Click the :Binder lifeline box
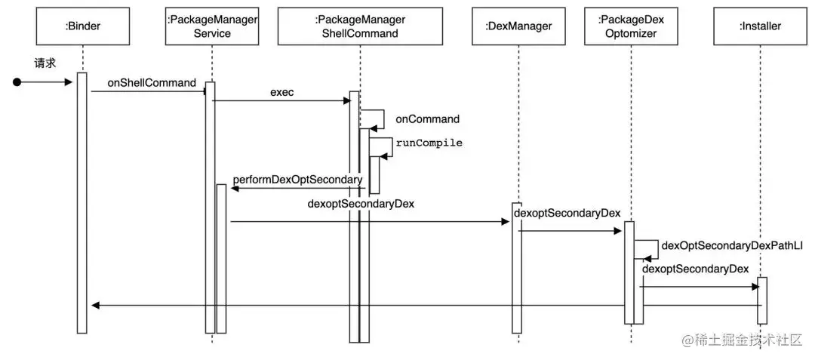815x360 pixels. pyautogui.click(x=83, y=26)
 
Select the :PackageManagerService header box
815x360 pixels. pyautogui.click(x=212, y=26)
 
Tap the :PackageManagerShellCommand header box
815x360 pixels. pyautogui.click(x=361, y=26)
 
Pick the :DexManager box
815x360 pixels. pyautogui.click(x=518, y=26)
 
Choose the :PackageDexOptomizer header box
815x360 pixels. pyautogui.click(x=631, y=26)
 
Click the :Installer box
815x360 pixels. pyautogui.click(x=760, y=26)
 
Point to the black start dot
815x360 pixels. pyautogui.click(x=17, y=82)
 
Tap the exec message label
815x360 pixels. pyautogui.click(x=281, y=93)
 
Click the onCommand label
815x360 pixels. pyautogui.click(x=427, y=119)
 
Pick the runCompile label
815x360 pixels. pyautogui.click(x=429, y=143)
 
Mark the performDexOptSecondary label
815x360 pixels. pyautogui.click(x=297, y=179)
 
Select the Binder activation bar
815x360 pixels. pyautogui.click(x=82, y=202)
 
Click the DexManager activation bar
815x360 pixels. pyautogui.click(x=517, y=267)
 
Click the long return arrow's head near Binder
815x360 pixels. pyautogui.click(x=94, y=306)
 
